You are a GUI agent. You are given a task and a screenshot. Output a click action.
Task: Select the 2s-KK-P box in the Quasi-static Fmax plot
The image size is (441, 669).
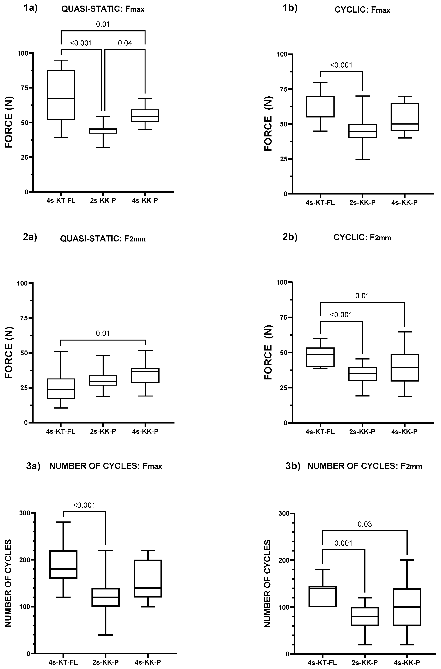103,131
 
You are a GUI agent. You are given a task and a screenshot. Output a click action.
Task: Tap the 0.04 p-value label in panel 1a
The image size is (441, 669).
125,43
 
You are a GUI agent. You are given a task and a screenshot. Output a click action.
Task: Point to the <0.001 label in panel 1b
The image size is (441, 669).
341,65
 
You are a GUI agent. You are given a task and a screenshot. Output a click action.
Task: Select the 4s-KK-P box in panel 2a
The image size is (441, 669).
145,376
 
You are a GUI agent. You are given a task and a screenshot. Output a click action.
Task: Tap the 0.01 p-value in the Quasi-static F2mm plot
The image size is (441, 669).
103,333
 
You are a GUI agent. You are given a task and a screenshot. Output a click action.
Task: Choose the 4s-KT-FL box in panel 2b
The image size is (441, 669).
320,357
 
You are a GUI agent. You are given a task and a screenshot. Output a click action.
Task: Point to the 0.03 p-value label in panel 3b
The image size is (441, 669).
365,524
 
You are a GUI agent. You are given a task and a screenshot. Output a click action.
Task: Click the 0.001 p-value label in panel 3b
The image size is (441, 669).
343,543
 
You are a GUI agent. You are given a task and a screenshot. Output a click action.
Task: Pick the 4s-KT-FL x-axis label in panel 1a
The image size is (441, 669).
61,201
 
